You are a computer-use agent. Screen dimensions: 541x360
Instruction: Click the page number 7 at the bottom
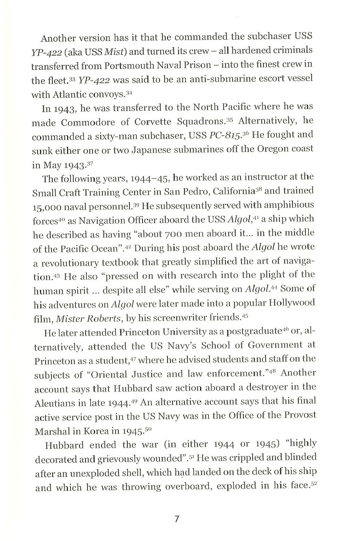click(x=177, y=519)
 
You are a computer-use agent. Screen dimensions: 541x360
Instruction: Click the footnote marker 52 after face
click(x=313, y=484)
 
